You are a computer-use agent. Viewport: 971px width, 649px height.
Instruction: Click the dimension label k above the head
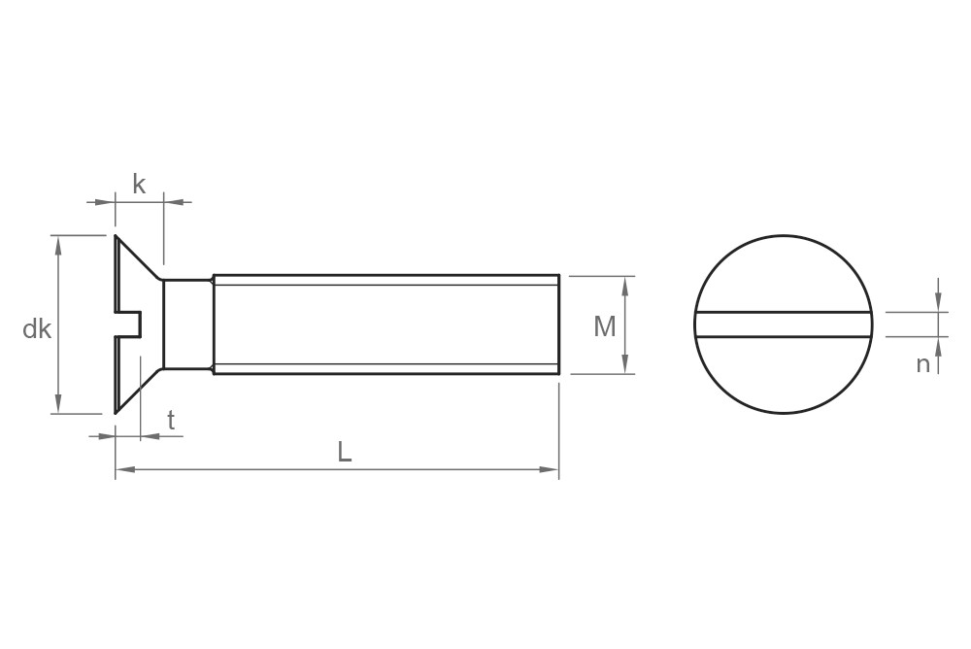(139, 185)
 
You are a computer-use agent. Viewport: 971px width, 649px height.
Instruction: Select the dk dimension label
(37, 329)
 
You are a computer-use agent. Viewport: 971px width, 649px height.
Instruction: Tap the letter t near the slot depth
(171, 421)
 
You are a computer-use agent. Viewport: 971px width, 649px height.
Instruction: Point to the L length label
(344, 452)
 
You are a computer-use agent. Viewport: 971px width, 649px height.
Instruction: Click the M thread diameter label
(604, 327)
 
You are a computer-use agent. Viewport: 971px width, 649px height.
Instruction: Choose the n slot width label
(922, 364)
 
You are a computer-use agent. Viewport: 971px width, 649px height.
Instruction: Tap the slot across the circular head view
(784, 324)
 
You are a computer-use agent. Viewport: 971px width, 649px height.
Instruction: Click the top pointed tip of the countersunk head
(117, 237)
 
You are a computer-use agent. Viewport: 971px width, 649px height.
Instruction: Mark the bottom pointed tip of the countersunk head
(117, 412)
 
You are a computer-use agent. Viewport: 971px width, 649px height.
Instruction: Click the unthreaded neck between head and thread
(187, 324)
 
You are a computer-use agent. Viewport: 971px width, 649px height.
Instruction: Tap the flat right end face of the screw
(558, 324)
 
